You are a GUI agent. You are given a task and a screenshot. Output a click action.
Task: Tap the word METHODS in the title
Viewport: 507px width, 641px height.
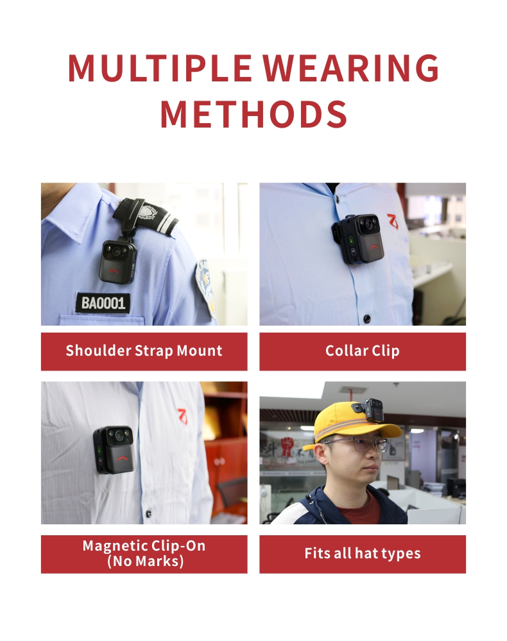click(x=253, y=114)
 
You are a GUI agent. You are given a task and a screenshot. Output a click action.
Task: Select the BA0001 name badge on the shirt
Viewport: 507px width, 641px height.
click(x=103, y=303)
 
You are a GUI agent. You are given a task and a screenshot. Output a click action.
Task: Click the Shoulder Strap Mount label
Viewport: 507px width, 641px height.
click(x=144, y=351)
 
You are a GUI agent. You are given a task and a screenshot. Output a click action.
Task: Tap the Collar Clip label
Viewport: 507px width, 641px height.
click(x=363, y=351)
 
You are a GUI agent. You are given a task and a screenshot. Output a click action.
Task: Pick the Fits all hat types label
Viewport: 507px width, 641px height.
click(x=363, y=554)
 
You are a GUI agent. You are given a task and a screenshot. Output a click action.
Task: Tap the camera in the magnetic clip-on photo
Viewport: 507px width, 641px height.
click(x=114, y=449)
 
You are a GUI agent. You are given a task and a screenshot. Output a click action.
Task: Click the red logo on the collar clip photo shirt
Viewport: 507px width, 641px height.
click(x=392, y=221)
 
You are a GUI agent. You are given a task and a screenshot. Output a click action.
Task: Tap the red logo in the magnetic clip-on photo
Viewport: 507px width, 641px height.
click(x=182, y=416)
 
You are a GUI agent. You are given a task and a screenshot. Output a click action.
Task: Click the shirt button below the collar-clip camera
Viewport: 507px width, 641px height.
click(x=367, y=318)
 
